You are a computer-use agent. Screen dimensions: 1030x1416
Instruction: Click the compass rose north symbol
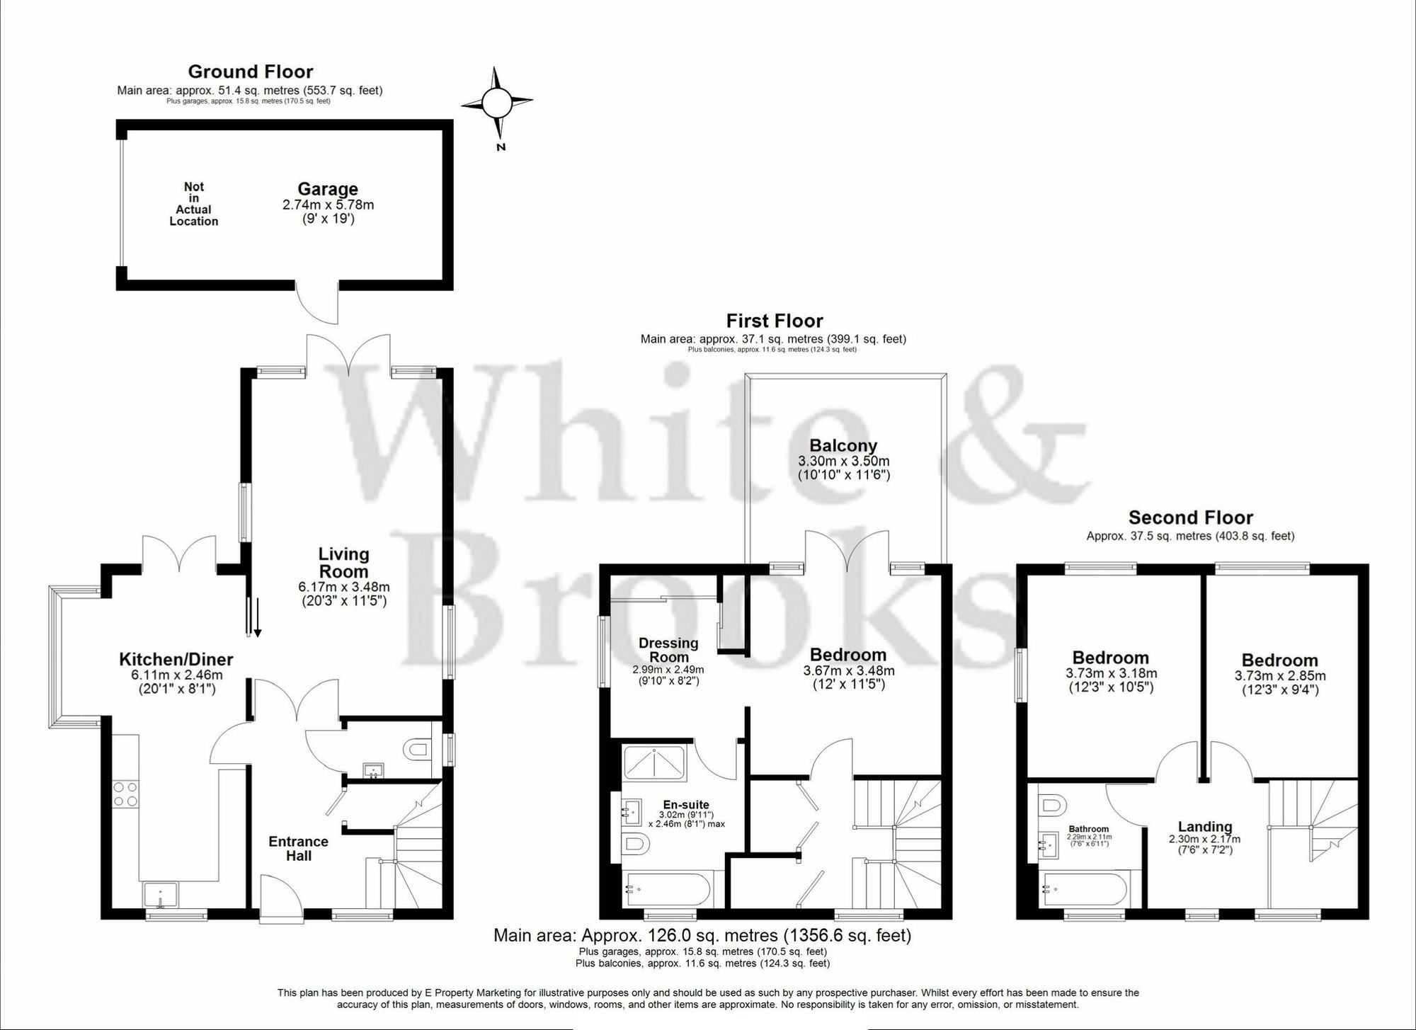coord(496,103)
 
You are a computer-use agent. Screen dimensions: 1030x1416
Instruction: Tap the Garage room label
coord(327,189)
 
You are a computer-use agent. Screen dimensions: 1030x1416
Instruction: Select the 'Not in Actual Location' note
coord(193,204)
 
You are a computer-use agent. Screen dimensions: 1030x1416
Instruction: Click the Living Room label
coord(343,563)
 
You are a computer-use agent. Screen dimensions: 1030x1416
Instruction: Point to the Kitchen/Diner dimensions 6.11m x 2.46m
coord(176,675)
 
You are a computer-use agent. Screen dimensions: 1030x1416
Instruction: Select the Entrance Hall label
coord(298,848)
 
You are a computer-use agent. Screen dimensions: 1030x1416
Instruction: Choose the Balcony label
coord(843,445)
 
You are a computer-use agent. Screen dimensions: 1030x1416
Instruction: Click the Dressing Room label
coord(668,650)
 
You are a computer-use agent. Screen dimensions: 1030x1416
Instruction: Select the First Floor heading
coord(775,321)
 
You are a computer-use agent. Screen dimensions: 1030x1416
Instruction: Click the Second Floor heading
coord(1190,517)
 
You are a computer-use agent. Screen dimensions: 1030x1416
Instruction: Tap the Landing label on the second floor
coord(1205,826)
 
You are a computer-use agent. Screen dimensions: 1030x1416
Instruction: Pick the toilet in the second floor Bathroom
coord(1052,805)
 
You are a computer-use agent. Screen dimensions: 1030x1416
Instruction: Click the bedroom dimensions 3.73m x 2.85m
coord(1279,676)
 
